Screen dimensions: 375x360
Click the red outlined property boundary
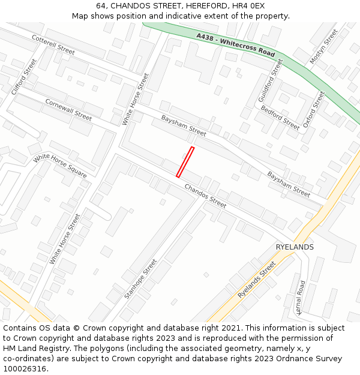click(185, 162)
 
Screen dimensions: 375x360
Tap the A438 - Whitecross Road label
click(235, 45)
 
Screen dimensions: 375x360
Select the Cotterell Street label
click(53, 44)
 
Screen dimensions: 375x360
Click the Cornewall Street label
click(68, 110)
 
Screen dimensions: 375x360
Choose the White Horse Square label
click(60, 166)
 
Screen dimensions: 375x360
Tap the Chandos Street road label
click(205, 196)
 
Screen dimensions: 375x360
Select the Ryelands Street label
click(256, 279)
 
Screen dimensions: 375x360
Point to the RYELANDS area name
click(295, 247)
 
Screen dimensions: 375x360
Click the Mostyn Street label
click(323, 47)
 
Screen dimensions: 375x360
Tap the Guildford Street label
click(270, 80)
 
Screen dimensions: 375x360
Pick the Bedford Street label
click(280, 118)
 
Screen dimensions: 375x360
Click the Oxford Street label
click(313, 109)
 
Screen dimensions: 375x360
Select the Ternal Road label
click(301, 297)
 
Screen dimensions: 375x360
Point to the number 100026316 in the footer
click(23, 369)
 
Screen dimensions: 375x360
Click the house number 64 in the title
click(101, 5)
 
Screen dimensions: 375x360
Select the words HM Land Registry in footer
click(35, 349)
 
